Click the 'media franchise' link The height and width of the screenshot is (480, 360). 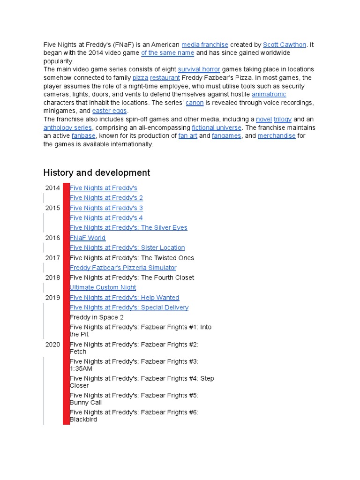click(x=204, y=45)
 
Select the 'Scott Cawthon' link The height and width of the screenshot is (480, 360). click(x=285, y=45)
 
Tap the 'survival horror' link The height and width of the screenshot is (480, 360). click(x=199, y=69)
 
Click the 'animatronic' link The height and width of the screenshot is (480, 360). click(x=269, y=94)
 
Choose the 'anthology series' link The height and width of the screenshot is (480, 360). click(x=68, y=127)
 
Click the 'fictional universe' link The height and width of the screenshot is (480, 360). click(x=217, y=127)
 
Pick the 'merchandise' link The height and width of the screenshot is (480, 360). click(x=277, y=136)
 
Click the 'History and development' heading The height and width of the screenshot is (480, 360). click(x=97, y=172)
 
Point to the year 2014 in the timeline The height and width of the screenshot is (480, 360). click(x=52, y=188)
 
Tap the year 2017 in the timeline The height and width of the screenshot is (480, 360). click(x=52, y=258)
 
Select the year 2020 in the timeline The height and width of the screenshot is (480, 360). click(x=52, y=345)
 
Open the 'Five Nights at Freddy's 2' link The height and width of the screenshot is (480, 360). click(x=106, y=198)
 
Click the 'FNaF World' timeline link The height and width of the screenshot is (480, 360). click(x=88, y=238)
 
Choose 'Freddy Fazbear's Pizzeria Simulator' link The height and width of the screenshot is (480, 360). click(x=123, y=268)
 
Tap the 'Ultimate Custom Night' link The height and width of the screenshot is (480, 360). click(x=103, y=287)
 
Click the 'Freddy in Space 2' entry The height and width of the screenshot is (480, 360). click(x=97, y=317)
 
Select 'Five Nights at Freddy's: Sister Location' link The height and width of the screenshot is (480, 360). click(x=127, y=247)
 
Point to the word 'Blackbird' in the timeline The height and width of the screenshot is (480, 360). click(x=83, y=420)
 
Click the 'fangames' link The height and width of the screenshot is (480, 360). click(x=226, y=136)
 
